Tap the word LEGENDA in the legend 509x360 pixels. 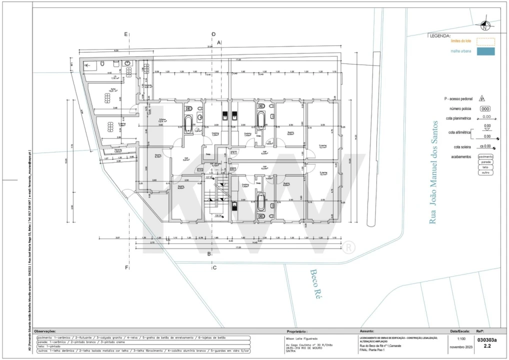(440, 36)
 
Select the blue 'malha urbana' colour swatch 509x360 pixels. (485, 51)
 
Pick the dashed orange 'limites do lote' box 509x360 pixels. (485, 42)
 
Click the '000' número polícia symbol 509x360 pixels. (485, 108)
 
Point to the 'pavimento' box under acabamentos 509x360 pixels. (485, 156)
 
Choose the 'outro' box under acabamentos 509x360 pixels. (485, 172)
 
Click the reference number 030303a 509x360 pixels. (487, 339)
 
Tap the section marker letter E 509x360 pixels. (126, 34)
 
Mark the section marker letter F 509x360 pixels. (126, 267)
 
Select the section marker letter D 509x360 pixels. (213, 34)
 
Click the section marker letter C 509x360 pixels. (214, 267)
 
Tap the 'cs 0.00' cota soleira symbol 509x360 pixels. (485, 146)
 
